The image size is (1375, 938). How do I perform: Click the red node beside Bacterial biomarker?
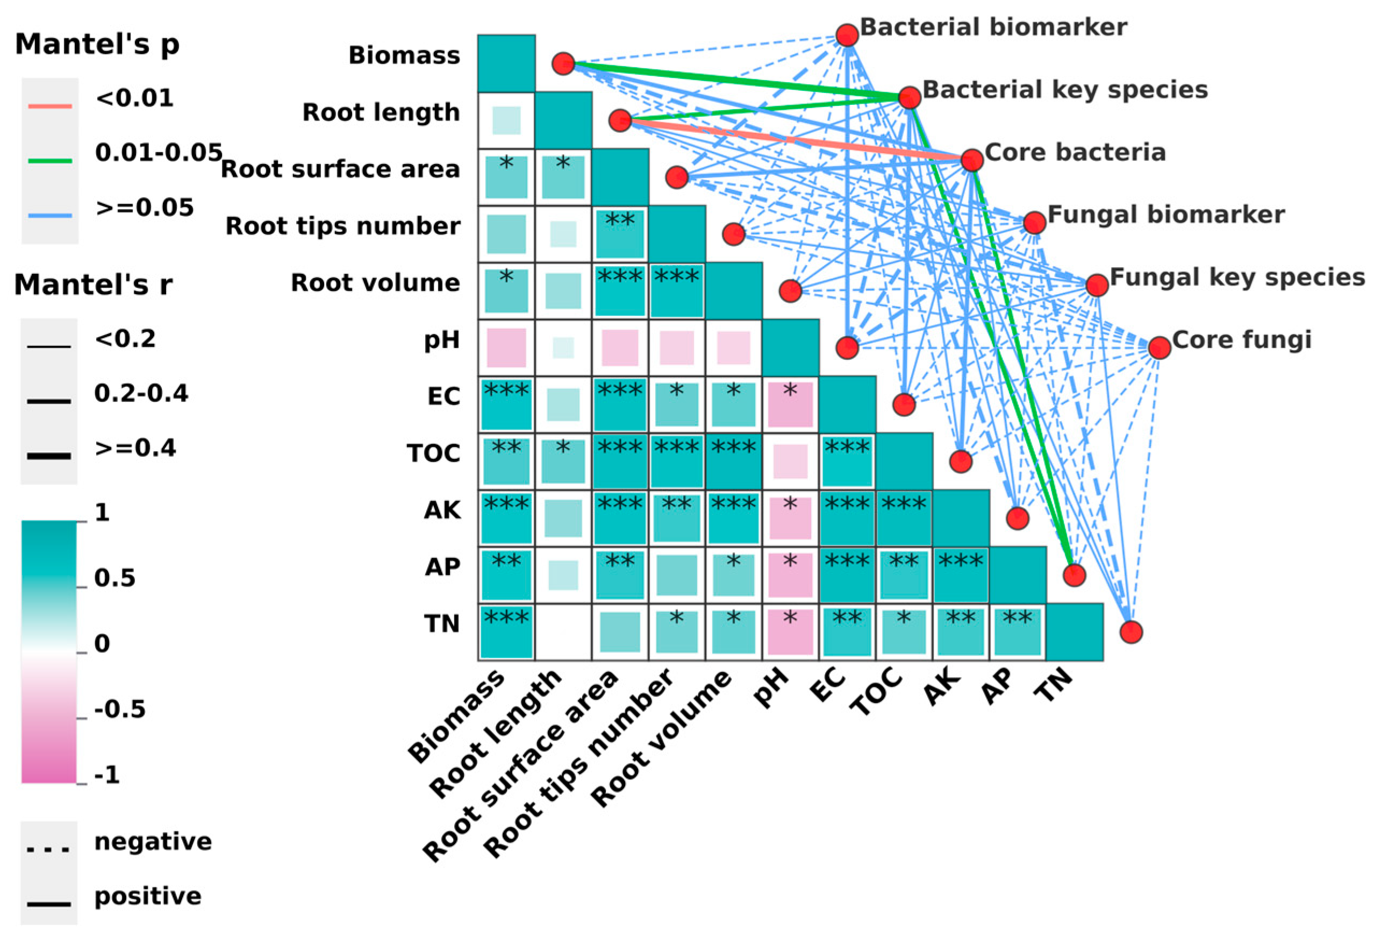click(x=847, y=35)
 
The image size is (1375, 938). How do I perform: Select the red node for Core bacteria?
click(x=972, y=160)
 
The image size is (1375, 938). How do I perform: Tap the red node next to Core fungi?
click(x=1159, y=347)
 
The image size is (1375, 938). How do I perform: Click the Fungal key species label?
click(x=1236, y=277)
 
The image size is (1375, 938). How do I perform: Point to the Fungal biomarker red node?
click(x=1034, y=223)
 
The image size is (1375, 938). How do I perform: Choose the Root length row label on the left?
click(x=381, y=112)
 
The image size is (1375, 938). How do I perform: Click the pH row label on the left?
click(x=441, y=340)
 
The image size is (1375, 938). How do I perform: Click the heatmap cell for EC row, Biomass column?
click(x=506, y=405)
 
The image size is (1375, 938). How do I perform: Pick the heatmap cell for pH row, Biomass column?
click(x=506, y=348)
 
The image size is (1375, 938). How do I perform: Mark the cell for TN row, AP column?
click(x=1017, y=632)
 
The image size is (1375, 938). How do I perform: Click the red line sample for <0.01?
click(x=51, y=106)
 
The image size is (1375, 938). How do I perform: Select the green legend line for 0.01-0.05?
click(x=51, y=160)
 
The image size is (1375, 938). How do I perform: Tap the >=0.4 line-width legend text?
click(x=135, y=447)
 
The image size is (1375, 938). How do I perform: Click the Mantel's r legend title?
click(x=93, y=285)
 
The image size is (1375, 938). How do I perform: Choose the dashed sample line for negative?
click(x=48, y=850)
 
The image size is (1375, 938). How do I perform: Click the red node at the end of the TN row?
click(x=1130, y=632)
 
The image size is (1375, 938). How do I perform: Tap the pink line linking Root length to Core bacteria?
click(x=793, y=140)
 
